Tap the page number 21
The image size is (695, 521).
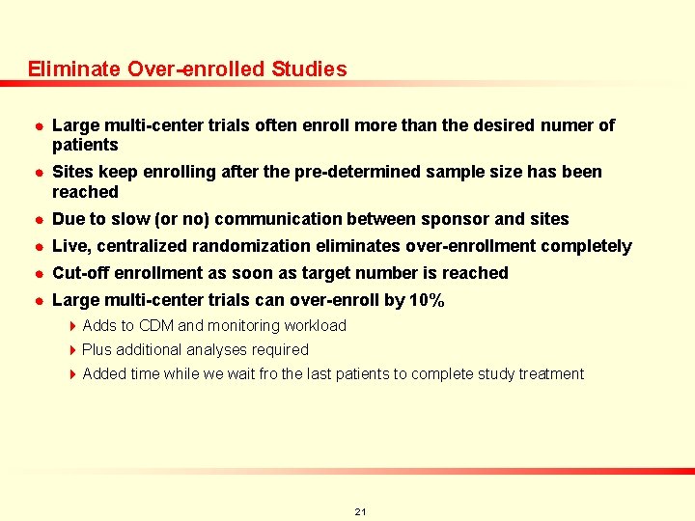(x=360, y=511)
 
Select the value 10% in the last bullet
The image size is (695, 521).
(x=427, y=301)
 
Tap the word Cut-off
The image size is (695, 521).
(x=81, y=274)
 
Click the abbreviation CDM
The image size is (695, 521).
(x=155, y=326)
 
